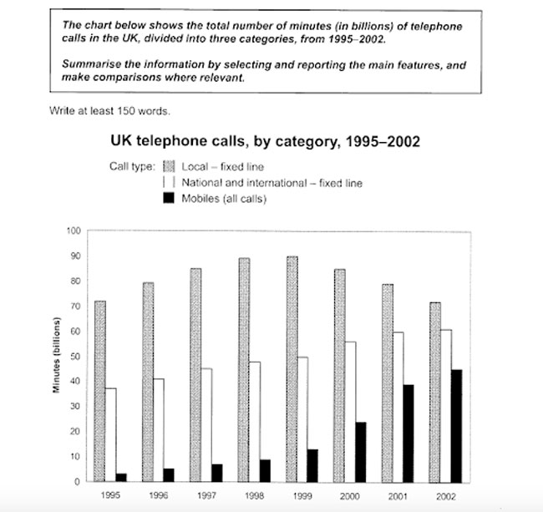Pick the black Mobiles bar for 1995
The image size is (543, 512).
(122, 478)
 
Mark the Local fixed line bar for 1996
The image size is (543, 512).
(147, 382)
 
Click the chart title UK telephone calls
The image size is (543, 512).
(259, 141)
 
